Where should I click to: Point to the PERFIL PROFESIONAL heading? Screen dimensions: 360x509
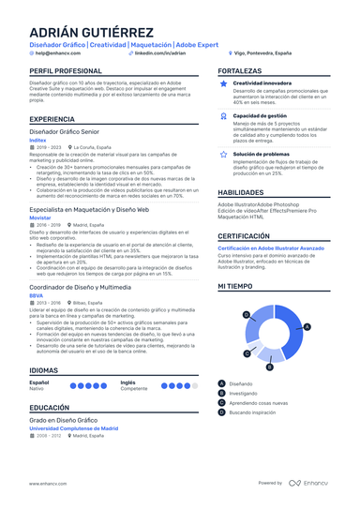point(66,71)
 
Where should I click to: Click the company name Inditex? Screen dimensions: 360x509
point(40,141)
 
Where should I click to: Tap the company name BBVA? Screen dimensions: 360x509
point(37,294)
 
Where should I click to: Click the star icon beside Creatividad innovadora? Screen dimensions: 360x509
point(224,83)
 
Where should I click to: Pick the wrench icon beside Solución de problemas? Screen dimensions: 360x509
point(224,154)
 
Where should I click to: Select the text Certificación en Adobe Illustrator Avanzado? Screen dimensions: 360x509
point(271,247)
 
